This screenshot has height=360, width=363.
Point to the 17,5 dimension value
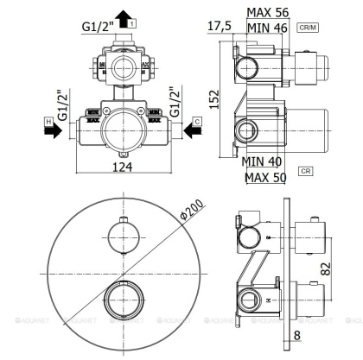click(x=220, y=26)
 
